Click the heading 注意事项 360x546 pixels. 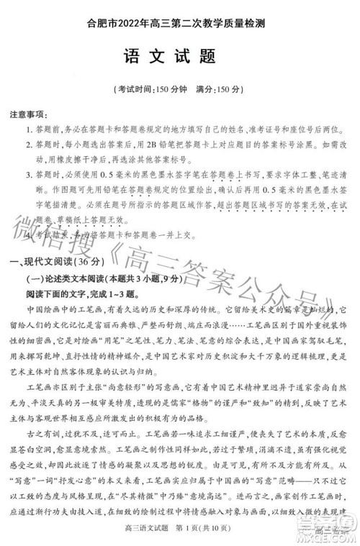(29, 115)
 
